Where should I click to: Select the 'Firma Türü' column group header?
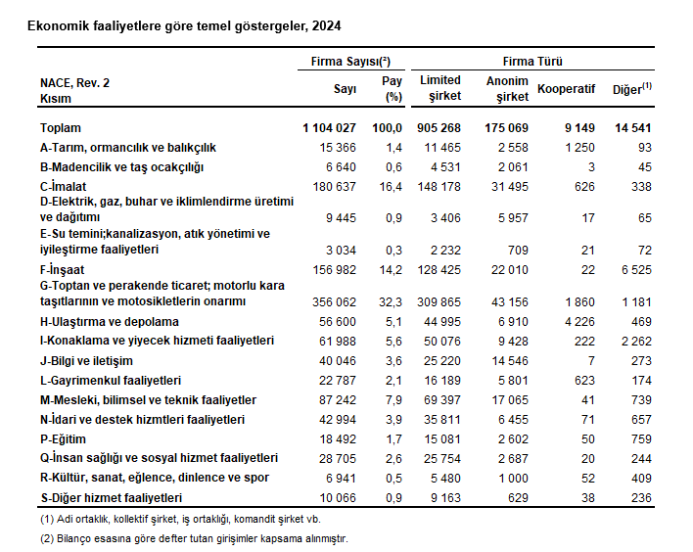pos(531,61)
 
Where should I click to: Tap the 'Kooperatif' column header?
pos(565,91)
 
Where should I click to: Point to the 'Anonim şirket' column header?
pos(506,88)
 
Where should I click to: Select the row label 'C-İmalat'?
pos(65,186)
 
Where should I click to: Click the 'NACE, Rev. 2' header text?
pos(75,84)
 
